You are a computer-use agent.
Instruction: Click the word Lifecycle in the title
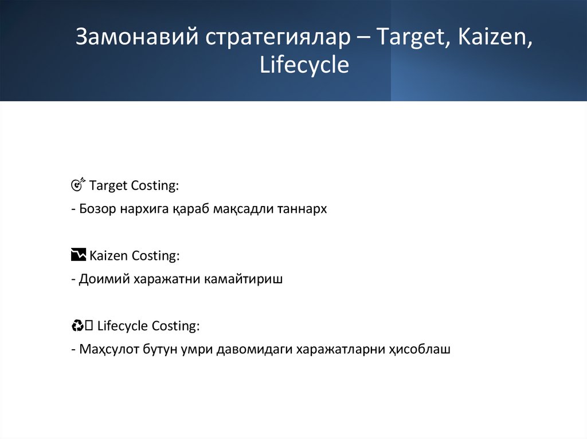pos(304,65)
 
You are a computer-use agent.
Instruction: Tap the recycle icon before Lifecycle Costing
pos(78,326)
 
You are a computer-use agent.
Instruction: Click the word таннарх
pos(303,209)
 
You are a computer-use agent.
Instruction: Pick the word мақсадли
pos(244,209)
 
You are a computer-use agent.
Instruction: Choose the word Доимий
pos(104,280)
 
